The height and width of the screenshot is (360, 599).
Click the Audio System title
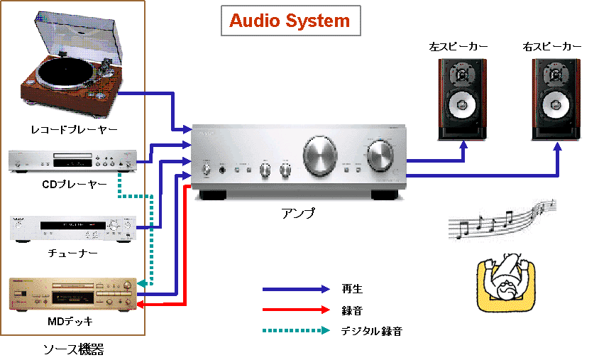pos(290,21)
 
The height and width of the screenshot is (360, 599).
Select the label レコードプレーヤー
pos(74,129)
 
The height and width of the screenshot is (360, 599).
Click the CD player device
pos(72,161)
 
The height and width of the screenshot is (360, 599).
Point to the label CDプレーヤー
pos(74,185)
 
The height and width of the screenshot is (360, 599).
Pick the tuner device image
pos(72,228)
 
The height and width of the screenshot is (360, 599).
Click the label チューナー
pos(74,252)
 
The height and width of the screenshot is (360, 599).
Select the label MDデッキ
pos(73,322)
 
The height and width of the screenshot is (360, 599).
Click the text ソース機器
pos(74,348)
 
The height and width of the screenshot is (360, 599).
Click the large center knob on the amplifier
pos(321,155)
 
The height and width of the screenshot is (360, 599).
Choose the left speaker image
pos(462,97)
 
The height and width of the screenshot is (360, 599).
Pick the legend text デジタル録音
pos(370,331)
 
